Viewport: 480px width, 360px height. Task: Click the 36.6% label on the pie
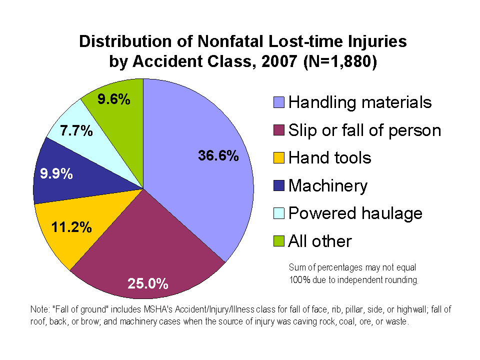[218, 156]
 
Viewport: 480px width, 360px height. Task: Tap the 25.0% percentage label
[147, 284]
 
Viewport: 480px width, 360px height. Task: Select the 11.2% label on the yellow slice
[71, 227]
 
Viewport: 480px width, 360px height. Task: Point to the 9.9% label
[56, 174]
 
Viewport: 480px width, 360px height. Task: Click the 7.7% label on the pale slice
[76, 131]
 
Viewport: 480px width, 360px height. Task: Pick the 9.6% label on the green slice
[114, 99]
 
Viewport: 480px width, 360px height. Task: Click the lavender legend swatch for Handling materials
[279, 103]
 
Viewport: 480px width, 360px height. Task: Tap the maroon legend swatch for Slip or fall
[279, 131]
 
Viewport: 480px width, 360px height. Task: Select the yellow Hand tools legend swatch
[279, 158]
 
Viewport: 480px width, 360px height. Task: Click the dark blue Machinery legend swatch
[279, 186]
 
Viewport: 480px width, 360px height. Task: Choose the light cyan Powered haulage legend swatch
[279, 214]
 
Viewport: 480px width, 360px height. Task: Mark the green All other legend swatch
[279, 242]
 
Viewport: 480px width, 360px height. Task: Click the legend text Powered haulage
[355, 213]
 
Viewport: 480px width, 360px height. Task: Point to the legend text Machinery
[328, 186]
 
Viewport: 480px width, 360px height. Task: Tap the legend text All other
[320, 241]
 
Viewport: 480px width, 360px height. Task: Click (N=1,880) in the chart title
[339, 62]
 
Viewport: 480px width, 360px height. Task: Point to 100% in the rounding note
[299, 280]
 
